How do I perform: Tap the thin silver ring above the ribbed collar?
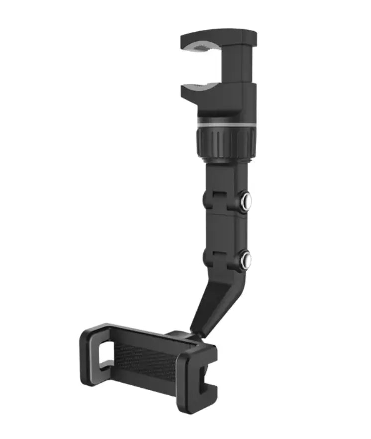(226, 122)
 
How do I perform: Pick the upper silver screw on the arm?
(245, 201)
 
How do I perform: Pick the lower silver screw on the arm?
(245, 259)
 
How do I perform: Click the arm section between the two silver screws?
(226, 230)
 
